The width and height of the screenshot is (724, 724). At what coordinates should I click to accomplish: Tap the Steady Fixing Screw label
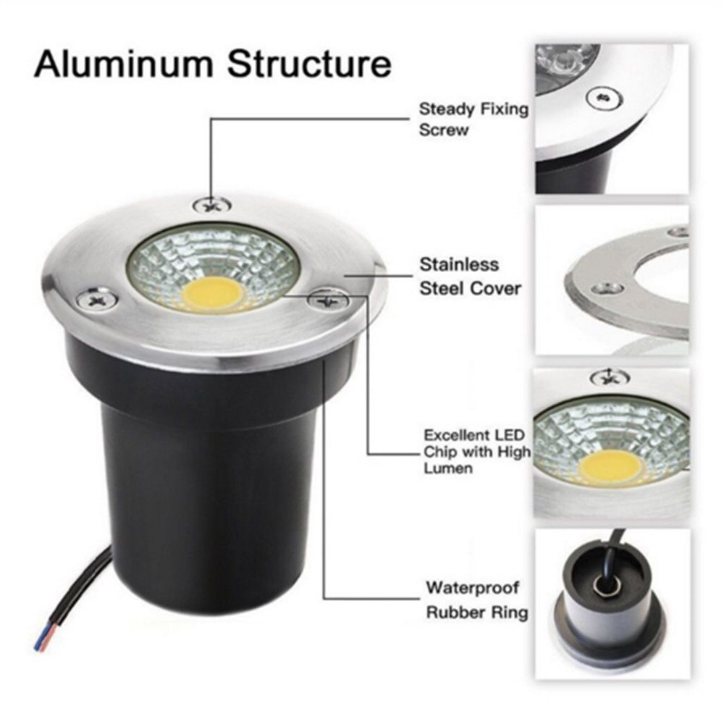(473, 119)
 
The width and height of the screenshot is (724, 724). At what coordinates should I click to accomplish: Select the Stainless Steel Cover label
(470, 276)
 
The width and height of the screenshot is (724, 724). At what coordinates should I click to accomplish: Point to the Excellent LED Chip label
(477, 452)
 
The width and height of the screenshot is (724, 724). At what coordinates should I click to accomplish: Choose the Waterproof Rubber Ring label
(476, 599)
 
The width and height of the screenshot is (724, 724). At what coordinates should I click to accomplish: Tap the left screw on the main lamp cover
(97, 300)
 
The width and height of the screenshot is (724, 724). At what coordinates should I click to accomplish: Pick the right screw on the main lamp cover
(329, 300)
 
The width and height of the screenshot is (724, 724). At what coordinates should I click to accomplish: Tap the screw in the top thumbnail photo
(604, 98)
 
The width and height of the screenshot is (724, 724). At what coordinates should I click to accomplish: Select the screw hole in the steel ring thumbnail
(609, 289)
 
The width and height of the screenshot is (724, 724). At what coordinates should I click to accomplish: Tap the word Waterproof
(472, 588)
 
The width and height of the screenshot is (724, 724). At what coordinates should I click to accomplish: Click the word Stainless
(459, 264)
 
